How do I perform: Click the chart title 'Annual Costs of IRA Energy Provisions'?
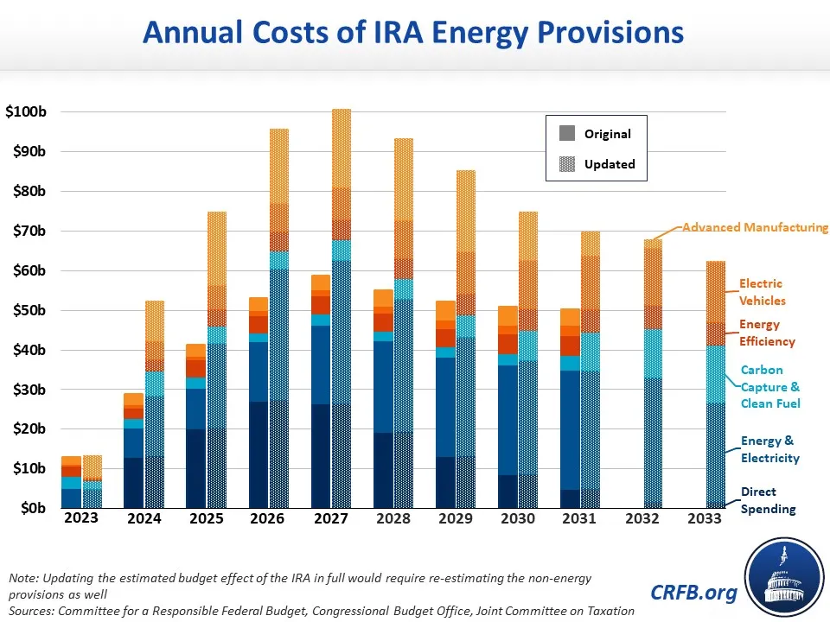coord(413,33)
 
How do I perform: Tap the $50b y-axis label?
coord(31,310)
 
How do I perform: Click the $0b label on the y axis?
coord(35,508)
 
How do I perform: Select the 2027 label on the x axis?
coord(331,518)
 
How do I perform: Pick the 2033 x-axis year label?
coord(705,518)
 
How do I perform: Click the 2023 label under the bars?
coord(82,518)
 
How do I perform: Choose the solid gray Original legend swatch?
coord(567,134)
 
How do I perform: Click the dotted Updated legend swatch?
coord(567,163)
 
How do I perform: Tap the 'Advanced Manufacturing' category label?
coord(755,227)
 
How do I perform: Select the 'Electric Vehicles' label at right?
coord(762,292)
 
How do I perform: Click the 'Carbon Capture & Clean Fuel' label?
coord(769,386)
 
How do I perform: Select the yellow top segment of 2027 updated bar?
coord(342,148)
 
